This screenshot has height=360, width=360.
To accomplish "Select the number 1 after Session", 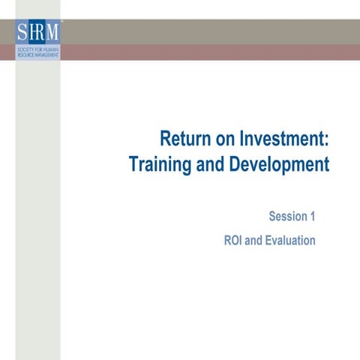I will (x=312, y=217).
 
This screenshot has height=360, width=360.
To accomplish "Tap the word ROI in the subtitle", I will (x=234, y=241).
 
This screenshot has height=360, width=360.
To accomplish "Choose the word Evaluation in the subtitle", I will (x=289, y=241).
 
